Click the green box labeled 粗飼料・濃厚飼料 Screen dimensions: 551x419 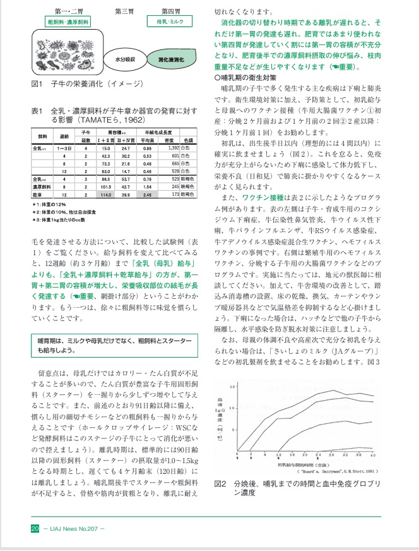click(x=67, y=21)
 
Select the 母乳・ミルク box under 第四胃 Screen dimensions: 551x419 click(x=171, y=21)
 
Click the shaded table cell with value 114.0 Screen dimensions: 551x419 click(x=107, y=195)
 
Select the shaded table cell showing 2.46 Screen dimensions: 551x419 click(x=148, y=195)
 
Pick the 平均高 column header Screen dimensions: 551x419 click(x=148, y=140)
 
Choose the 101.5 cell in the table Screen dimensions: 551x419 click(x=107, y=187)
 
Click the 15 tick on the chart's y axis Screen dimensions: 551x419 click(x=233, y=386)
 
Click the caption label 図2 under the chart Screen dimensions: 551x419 click(x=220, y=483)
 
